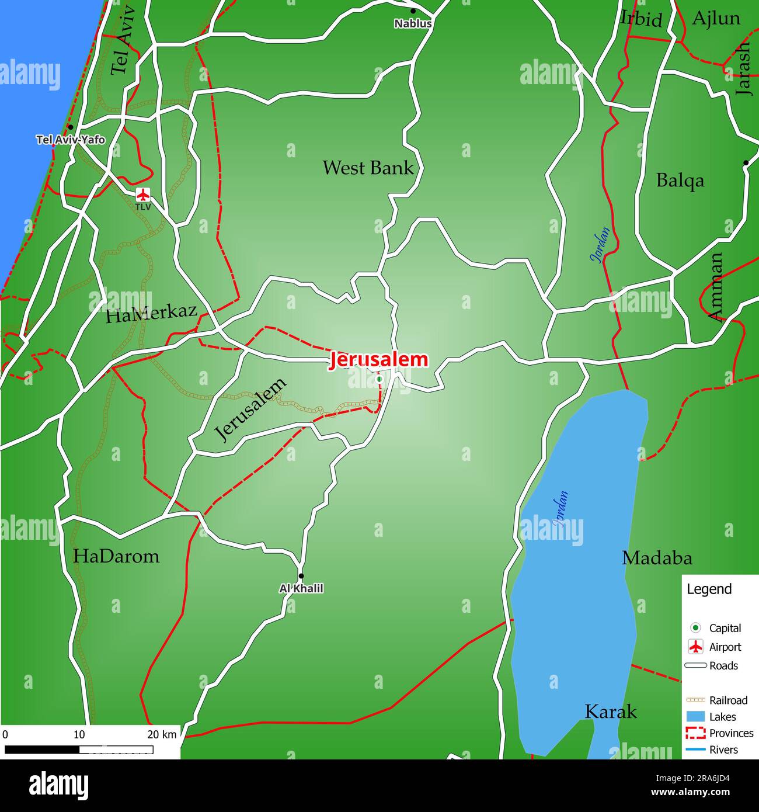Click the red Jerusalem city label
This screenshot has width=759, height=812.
pos(378,360)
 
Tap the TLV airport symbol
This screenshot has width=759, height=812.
pos(143,195)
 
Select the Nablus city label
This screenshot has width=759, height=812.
pos(413,23)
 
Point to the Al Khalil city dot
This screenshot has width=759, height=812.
pos(301,576)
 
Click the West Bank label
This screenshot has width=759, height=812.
pos(368,168)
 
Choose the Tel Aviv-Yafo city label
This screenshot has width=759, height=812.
pos(71,140)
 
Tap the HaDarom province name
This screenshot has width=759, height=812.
pos(116,556)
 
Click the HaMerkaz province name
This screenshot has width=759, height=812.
pos(151,314)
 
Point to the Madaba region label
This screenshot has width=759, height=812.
pos(657,558)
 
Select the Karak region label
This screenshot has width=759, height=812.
pos(611,712)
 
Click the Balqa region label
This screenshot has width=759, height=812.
pos(680,181)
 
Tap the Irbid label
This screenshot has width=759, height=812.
pos(641,19)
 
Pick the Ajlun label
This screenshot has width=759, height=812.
pos(716,19)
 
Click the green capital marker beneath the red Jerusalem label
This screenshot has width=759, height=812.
pos(379,379)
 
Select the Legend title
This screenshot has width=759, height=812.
pos(709,589)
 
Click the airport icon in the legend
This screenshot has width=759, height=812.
pos(695,647)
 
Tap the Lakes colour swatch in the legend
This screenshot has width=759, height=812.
pos(695,717)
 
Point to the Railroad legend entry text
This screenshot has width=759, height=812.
pos(728,700)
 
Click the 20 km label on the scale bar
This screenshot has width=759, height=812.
pos(162,734)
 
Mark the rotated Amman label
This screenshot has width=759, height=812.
pos(716,287)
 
